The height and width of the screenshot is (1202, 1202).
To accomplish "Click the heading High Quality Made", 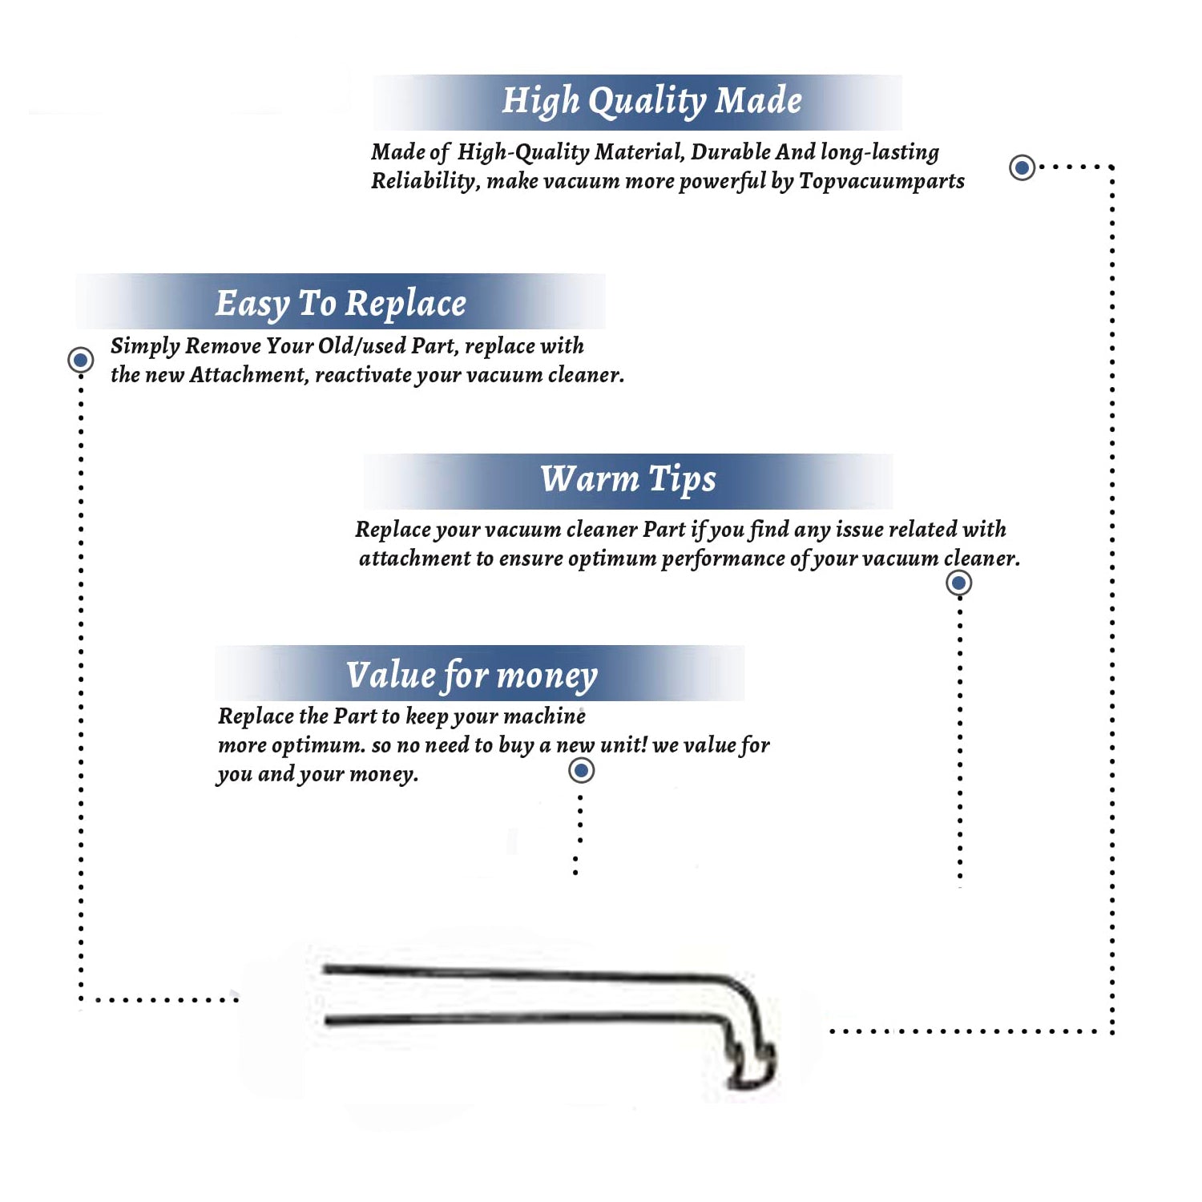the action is [x=651, y=102].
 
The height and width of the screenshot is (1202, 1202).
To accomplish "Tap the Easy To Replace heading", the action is [x=341, y=304].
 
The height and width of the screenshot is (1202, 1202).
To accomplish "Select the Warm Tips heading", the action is [x=627, y=479].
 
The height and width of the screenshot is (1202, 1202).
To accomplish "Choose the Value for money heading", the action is [x=471, y=676].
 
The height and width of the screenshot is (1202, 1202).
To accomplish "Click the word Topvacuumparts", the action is [x=881, y=182].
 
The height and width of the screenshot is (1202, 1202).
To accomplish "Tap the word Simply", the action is [x=145, y=346].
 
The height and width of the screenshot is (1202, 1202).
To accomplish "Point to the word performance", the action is [x=723, y=559].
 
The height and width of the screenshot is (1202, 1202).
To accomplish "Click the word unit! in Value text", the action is [x=623, y=745].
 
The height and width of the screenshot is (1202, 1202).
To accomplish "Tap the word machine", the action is [x=545, y=716].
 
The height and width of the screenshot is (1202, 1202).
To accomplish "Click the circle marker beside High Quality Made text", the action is [x=1022, y=167].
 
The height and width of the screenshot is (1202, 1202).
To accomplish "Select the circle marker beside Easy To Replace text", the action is [x=80, y=360].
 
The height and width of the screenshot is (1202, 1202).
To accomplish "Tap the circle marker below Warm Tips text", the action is [x=958, y=583].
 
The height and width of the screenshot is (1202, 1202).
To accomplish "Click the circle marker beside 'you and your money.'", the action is [x=581, y=771].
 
